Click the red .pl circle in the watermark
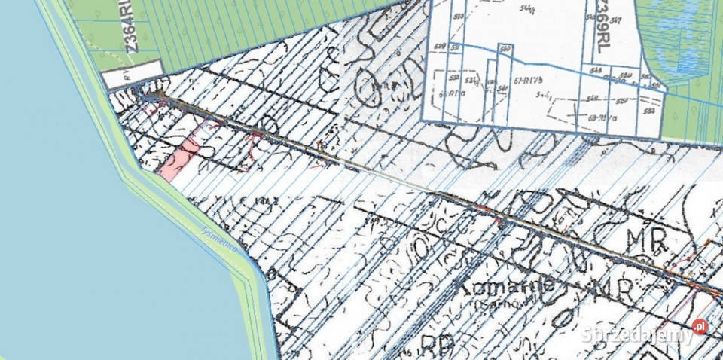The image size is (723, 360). coord(700,326)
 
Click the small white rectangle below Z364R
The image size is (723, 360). coord(134,75)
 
